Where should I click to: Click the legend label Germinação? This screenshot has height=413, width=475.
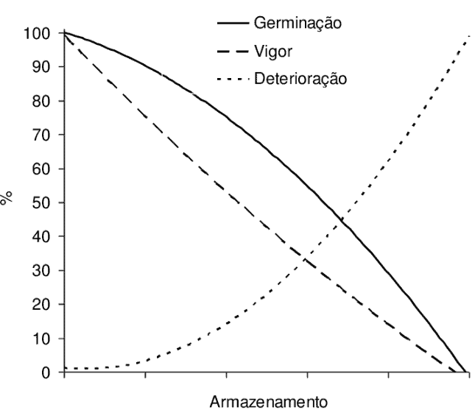(x=298, y=22)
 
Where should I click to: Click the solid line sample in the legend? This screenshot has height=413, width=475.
(x=233, y=23)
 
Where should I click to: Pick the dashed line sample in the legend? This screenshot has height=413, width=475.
(x=233, y=50)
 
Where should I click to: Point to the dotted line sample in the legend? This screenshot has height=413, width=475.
(x=233, y=77)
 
